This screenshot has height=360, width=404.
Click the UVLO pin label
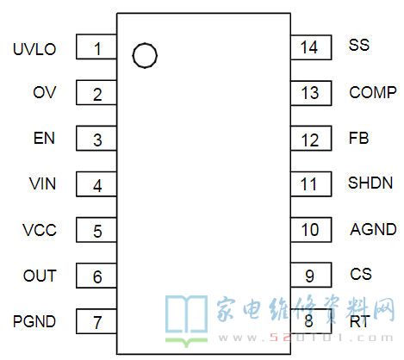click(34, 49)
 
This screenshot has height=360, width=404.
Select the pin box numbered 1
click(96, 47)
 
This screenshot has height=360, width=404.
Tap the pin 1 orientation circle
click(145, 56)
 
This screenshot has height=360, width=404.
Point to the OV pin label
click(45, 92)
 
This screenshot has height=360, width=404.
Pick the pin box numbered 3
click(96, 138)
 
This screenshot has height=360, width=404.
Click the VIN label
click(42, 183)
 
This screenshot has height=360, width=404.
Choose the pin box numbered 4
click(96, 184)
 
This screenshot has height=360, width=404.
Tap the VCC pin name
click(40, 230)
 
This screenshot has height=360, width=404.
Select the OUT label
click(40, 276)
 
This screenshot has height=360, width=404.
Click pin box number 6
click(96, 276)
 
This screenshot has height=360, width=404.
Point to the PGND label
click(34, 321)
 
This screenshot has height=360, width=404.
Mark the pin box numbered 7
click(96, 321)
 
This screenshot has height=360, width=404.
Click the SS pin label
click(359, 45)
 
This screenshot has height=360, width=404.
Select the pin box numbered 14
click(311, 47)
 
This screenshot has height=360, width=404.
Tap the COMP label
click(373, 92)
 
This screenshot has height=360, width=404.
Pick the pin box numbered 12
click(311, 138)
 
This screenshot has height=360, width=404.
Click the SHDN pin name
click(370, 183)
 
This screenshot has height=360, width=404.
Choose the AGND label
click(373, 229)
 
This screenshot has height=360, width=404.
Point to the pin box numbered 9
click(311, 275)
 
